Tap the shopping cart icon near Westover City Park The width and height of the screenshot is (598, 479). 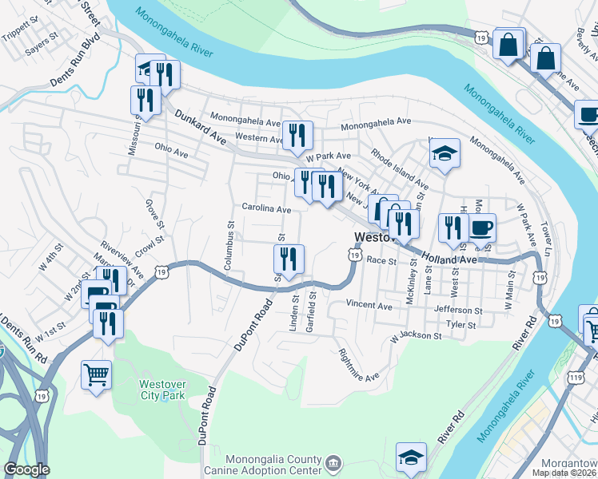tap(97, 374)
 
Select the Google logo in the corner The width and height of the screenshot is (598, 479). tap(26, 469)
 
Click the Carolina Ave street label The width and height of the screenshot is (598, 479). tap(266, 208)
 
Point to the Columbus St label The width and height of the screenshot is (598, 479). tap(229, 247)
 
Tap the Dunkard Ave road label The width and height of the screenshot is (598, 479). tap(197, 127)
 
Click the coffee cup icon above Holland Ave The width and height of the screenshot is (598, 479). tap(482, 228)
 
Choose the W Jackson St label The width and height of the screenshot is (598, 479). tap(416, 337)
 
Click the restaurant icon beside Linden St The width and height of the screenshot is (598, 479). tap(288, 259)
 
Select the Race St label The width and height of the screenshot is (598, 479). tap(381, 259)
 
